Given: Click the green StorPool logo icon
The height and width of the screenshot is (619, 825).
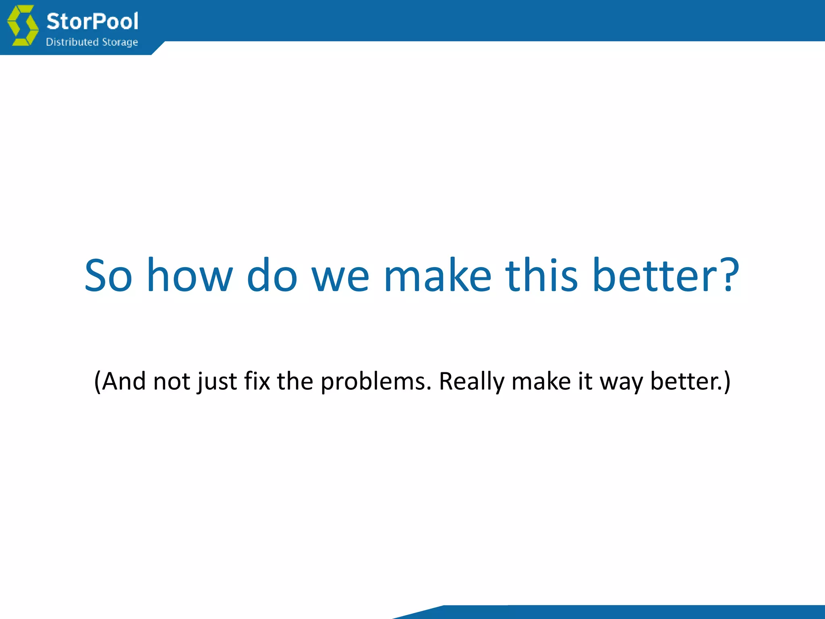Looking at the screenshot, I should click(23, 25).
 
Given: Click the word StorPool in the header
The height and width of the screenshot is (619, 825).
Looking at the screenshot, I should click(92, 21).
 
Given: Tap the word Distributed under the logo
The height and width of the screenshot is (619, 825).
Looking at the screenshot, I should click(72, 42).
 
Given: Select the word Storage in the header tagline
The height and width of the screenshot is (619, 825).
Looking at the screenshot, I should click(120, 42).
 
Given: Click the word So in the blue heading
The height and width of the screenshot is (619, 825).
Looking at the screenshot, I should click(108, 276).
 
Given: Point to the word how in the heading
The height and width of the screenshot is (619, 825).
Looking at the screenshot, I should click(189, 276).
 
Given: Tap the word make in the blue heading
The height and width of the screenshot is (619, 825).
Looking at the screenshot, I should click(437, 276).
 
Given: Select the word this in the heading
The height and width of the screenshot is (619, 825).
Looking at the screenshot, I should click(542, 276).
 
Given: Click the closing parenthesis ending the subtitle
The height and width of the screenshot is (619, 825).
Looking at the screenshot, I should click(727, 381).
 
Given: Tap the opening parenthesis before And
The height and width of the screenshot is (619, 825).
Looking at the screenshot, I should click(97, 381).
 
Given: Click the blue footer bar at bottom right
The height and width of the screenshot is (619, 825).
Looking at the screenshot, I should click(645, 612).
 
